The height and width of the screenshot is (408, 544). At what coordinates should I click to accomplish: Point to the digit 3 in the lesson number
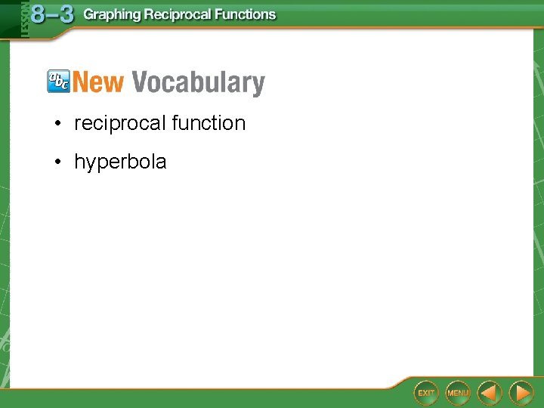[x=66, y=15]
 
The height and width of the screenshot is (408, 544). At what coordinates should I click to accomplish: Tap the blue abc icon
[x=58, y=81]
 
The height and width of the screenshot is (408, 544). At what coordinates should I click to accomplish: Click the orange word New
[x=98, y=82]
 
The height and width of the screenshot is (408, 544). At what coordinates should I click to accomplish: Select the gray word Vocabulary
[x=198, y=83]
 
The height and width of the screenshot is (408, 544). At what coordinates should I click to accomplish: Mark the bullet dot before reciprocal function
[x=57, y=124]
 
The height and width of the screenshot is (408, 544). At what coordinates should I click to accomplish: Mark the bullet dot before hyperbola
[x=57, y=162]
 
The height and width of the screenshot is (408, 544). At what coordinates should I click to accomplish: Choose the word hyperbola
[x=120, y=162]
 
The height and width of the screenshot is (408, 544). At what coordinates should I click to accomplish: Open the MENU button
[x=458, y=393]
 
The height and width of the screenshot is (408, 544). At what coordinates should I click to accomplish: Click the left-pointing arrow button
[x=490, y=393]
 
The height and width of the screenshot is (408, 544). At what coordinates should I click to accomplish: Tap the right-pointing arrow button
[x=521, y=393]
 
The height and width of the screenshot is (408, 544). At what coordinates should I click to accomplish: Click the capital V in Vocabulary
[x=140, y=82]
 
